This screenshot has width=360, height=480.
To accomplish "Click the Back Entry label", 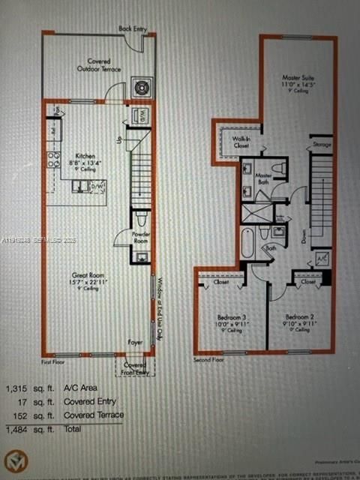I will (x=132, y=28).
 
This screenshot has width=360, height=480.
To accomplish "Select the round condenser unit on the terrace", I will (x=141, y=88).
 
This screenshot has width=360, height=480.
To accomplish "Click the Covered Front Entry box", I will (x=134, y=367).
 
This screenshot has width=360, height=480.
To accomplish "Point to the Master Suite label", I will (x=297, y=78).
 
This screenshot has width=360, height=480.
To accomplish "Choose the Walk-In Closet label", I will (x=241, y=142).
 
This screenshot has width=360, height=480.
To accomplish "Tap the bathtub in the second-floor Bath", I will (x=248, y=242).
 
